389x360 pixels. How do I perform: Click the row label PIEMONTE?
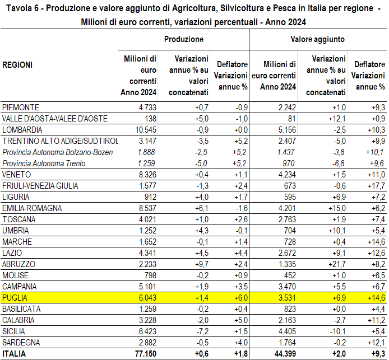point(21,107)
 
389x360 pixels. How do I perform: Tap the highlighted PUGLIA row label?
point(15,298)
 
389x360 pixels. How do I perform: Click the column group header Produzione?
point(184,40)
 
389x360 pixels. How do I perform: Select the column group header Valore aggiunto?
point(318,40)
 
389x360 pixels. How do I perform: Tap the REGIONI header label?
point(17,65)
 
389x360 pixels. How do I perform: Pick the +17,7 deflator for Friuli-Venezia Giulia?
point(376,185)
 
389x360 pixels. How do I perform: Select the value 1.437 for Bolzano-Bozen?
point(285,152)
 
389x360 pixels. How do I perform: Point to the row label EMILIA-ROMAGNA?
point(33,208)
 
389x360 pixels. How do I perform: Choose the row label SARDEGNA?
point(21,343)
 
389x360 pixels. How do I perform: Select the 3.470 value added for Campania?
point(285,287)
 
